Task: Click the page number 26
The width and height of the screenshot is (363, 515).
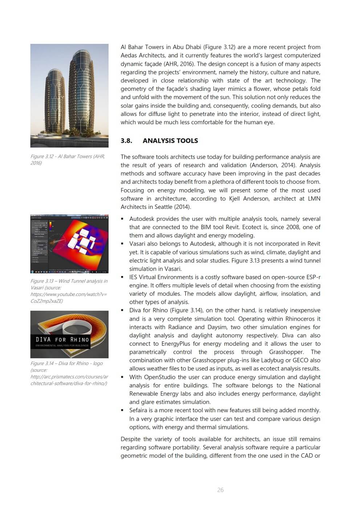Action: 220,490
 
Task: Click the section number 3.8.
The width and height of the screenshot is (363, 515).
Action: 126,141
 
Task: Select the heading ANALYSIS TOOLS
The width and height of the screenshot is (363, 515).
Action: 170,141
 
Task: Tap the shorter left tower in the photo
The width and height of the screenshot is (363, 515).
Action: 55,102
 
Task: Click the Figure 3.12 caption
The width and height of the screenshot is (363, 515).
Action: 68,159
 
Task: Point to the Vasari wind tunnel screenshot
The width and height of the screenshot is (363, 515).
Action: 69,244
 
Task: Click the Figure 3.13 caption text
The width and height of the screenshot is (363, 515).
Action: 69,291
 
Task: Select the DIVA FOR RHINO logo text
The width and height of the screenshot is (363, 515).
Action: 62,340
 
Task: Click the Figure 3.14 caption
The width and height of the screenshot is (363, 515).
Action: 69,373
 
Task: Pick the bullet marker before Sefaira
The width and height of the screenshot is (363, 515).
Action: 122,410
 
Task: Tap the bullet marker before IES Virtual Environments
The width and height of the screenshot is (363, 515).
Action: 122,277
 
